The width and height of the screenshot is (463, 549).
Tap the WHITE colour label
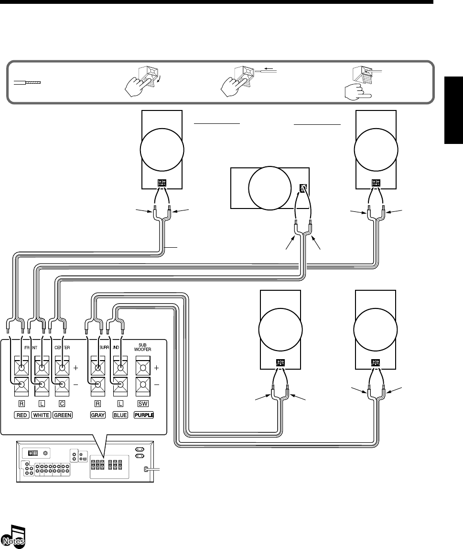(41, 415)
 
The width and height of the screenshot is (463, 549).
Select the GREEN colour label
(63, 415)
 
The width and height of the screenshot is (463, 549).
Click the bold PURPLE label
(142, 415)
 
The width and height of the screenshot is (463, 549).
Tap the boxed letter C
(62, 404)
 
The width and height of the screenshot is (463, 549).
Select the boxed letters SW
(142, 404)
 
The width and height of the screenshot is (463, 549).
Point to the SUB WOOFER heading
(142, 346)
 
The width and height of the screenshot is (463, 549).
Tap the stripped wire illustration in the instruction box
(28, 83)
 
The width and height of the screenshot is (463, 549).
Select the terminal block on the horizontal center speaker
(302, 188)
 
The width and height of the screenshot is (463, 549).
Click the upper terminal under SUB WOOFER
(142, 369)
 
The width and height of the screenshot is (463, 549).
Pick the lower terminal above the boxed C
(62, 385)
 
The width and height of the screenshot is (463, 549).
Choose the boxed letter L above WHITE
(41, 404)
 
